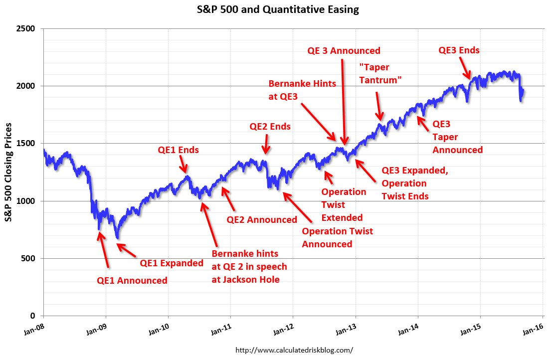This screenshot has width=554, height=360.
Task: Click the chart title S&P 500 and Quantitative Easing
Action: (x=277, y=9)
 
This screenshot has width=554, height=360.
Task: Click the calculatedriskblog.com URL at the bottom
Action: (x=294, y=351)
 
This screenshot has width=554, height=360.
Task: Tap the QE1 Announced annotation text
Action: (x=132, y=281)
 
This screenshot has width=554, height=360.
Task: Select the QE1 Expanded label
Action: (x=172, y=263)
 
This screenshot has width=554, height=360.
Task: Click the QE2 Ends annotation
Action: (x=270, y=127)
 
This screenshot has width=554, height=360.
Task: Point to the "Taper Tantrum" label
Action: (x=380, y=74)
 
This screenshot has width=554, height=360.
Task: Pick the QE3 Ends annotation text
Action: (x=459, y=50)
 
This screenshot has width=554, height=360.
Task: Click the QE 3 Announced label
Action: (x=344, y=51)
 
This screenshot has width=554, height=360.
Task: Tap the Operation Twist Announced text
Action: (x=337, y=238)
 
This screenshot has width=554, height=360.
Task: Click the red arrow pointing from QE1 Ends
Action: (x=183, y=164)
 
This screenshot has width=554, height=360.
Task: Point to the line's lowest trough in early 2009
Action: (x=118, y=238)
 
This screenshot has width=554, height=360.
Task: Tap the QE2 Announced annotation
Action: (x=262, y=220)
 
